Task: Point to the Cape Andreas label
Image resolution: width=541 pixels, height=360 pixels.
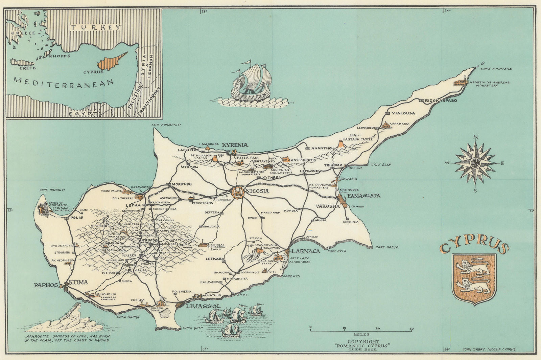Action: [499, 69]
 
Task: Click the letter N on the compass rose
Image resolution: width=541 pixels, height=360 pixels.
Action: [475, 137]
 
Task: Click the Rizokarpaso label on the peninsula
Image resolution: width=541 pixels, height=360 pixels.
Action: [441, 101]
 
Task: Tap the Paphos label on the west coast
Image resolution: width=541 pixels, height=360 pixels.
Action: [46, 285]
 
